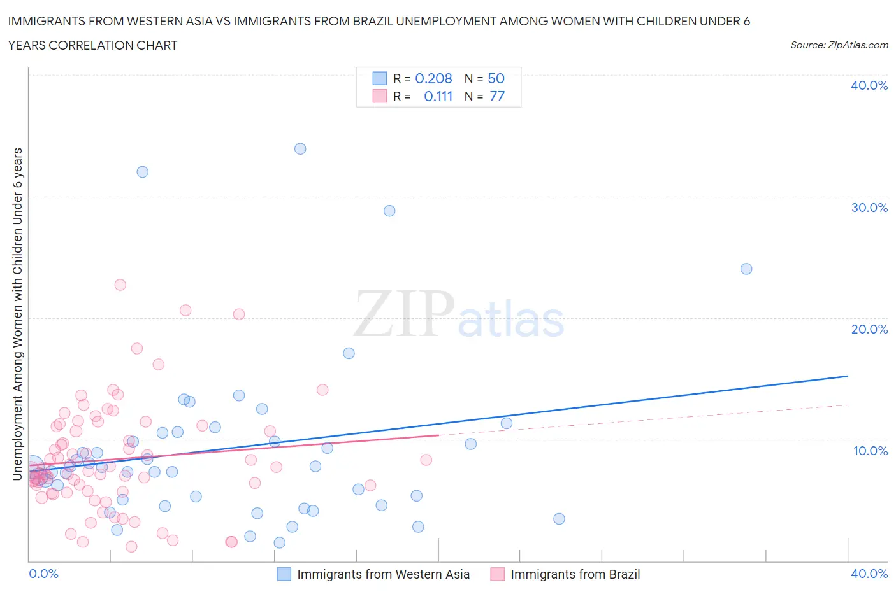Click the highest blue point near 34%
[300, 149]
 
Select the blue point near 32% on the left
[143, 172]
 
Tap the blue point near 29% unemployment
[389, 211]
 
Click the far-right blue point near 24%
[746, 269]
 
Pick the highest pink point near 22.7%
[120, 285]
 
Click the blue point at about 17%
[349, 353]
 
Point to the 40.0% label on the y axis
[869, 85]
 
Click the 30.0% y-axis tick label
[869, 208]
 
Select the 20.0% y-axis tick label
[869, 329]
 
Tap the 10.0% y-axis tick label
[870, 451]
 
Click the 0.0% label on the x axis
[43, 574]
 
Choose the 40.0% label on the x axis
[869, 574]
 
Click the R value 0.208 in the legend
[433, 78]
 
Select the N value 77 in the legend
[496, 96]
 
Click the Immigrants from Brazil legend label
[575, 574]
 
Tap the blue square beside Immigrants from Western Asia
[284, 574]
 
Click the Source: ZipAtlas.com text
[839, 45]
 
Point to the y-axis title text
[18, 314]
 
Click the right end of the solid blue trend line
[848, 376]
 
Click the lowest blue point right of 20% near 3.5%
[559, 519]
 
